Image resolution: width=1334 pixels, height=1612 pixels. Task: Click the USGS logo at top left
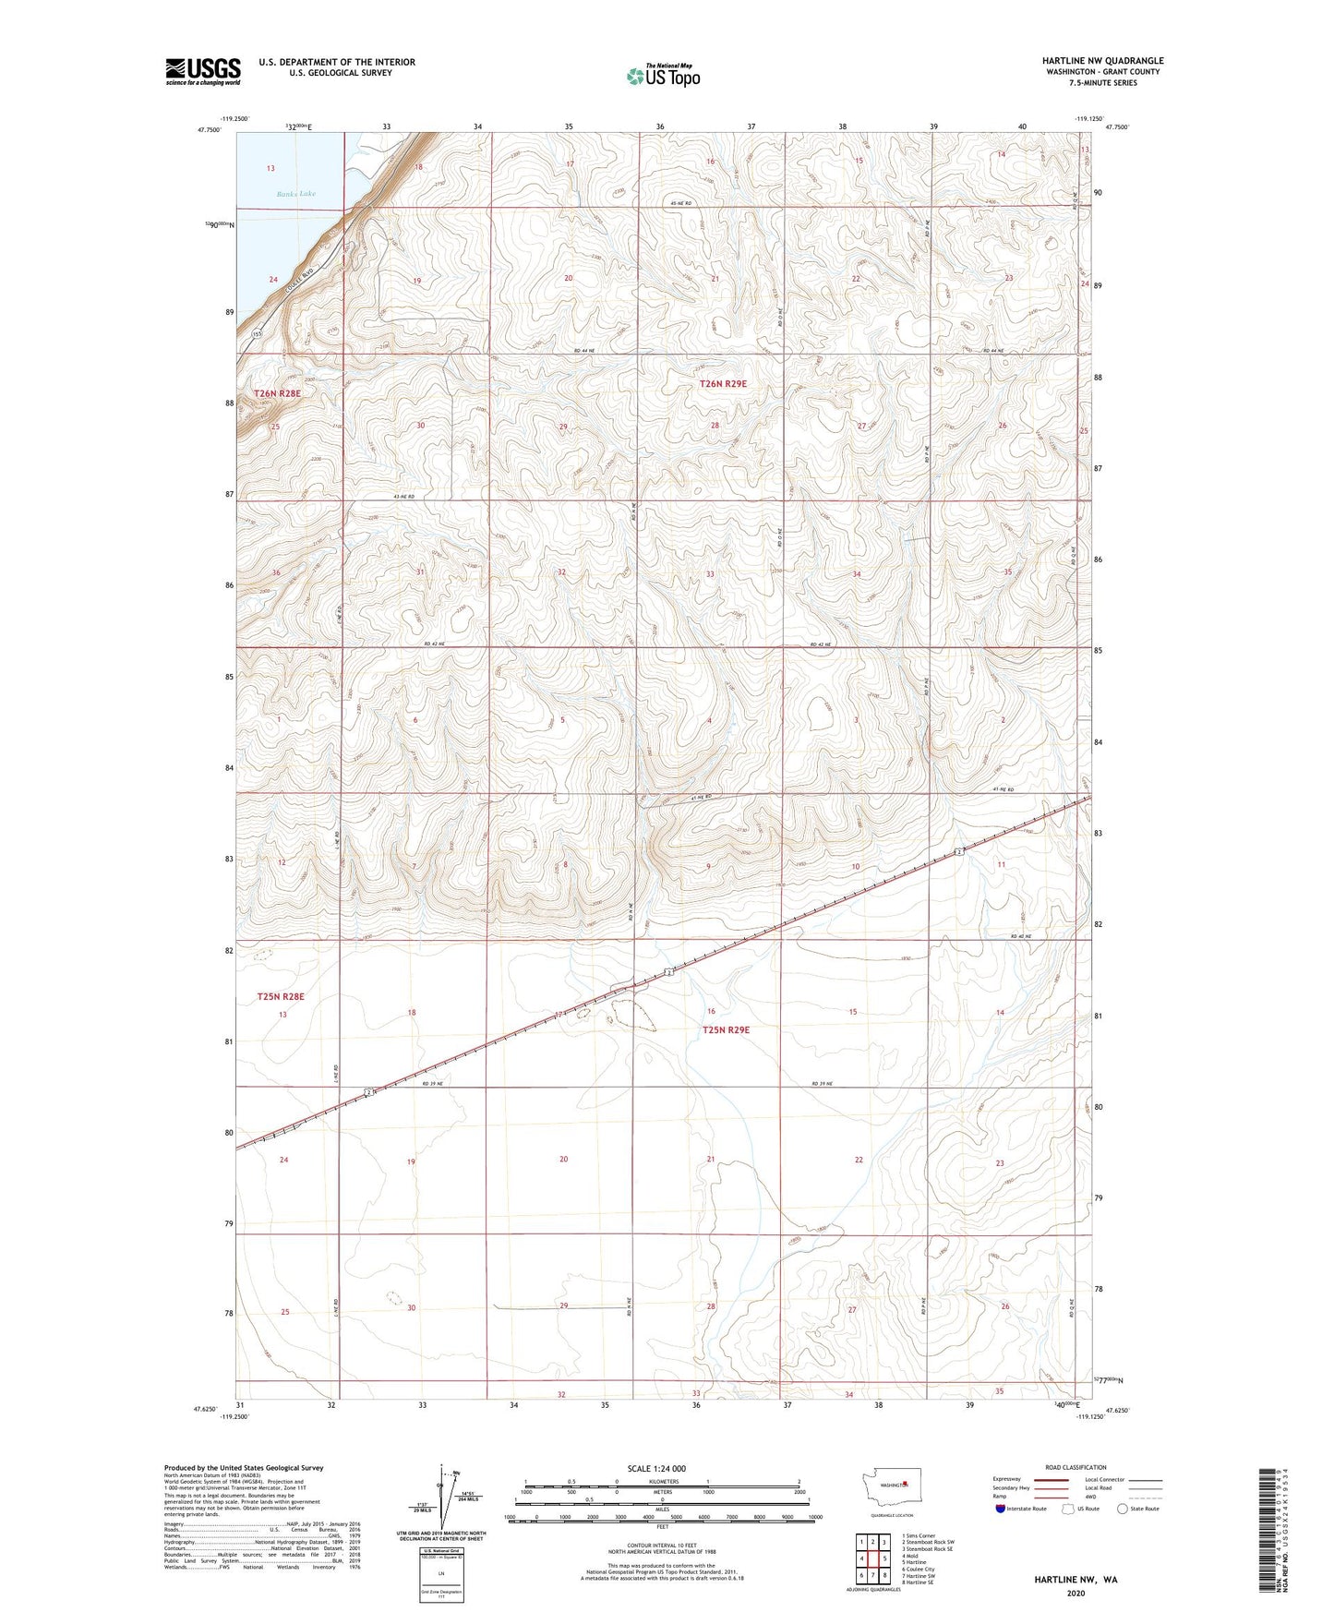click(202, 71)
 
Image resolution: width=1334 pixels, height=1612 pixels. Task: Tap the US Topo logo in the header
click(663, 76)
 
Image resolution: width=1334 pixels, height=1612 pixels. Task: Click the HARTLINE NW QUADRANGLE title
click(1102, 61)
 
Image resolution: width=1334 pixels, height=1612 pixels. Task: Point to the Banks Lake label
click(297, 194)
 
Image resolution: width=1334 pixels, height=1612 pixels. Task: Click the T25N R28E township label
click(281, 996)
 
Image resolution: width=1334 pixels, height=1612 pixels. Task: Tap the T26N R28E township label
click(278, 393)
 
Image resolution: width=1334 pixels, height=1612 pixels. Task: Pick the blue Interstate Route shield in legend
click(1001, 1509)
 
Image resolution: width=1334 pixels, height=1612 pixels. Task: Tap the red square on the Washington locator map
click(906, 1485)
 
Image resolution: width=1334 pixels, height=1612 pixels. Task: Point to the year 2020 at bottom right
click(1076, 1593)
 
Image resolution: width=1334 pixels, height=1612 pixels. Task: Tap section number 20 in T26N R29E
click(569, 278)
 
